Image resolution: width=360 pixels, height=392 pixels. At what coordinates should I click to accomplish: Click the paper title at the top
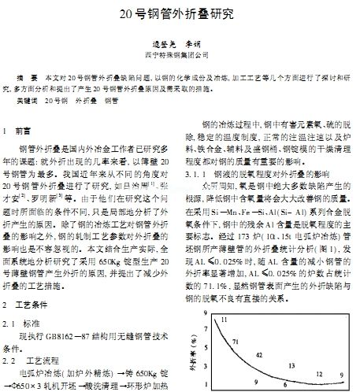[x=180, y=13]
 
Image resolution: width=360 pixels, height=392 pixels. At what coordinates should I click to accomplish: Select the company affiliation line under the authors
[x=180, y=56]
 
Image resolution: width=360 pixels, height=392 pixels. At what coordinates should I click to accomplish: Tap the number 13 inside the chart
[x=291, y=366]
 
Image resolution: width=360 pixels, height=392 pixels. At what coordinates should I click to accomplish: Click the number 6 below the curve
[x=284, y=383]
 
